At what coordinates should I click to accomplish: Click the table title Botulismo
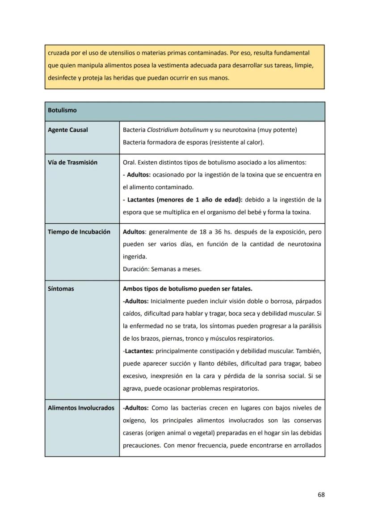[62, 110]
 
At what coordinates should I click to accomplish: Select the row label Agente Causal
[68, 130]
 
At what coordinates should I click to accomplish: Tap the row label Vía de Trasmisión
[72, 163]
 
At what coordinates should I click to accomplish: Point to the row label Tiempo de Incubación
[79, 232]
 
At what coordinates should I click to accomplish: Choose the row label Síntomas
[61, 289]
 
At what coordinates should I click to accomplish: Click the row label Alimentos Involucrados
[81, 408]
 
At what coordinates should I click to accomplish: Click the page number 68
[321, 495]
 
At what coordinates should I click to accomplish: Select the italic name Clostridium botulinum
[177, 130]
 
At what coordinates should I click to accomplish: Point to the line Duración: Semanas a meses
[162, 269]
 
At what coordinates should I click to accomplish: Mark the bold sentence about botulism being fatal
[187, 289]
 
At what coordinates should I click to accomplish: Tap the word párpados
[308, 301]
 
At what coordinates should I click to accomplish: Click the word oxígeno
[135, 421]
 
